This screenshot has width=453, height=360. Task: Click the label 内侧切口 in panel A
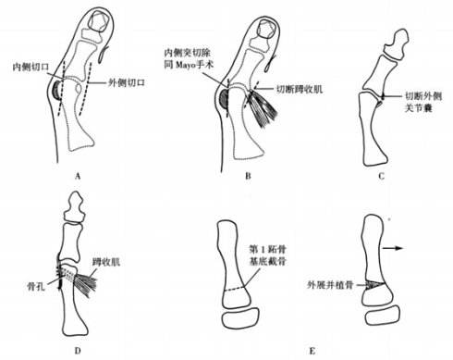(29, 68)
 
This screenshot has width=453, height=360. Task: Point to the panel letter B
(235, 170)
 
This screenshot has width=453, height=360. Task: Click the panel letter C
(385, 170)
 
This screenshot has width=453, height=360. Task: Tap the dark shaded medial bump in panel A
(58, 91)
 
